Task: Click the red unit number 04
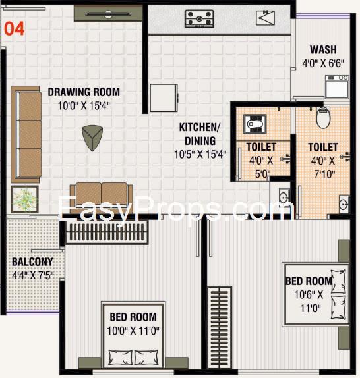pos(15,29)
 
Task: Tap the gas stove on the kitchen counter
pos(199,18)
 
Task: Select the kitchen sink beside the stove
pos(265,18)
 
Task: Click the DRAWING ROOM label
pos(84,92)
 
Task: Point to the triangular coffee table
pos(92,138)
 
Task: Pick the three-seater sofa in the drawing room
pos(26,134)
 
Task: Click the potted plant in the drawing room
pos(24,200)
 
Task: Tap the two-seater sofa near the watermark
pos(102,196)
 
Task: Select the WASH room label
pos(323,49)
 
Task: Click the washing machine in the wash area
pos(337,87)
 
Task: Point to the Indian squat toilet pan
pos(255,124)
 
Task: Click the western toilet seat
pos(323,118)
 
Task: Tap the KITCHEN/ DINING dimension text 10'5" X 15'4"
pos(200,155)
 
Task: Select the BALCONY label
pos(32,262)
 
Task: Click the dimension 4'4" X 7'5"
pos(33,275)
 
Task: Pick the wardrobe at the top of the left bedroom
pos(106,232)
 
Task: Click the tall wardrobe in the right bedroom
pos(220,327)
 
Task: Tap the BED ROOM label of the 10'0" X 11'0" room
pos(133,317)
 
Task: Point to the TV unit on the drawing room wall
pos(108,14)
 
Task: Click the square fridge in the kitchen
pos(164,98)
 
